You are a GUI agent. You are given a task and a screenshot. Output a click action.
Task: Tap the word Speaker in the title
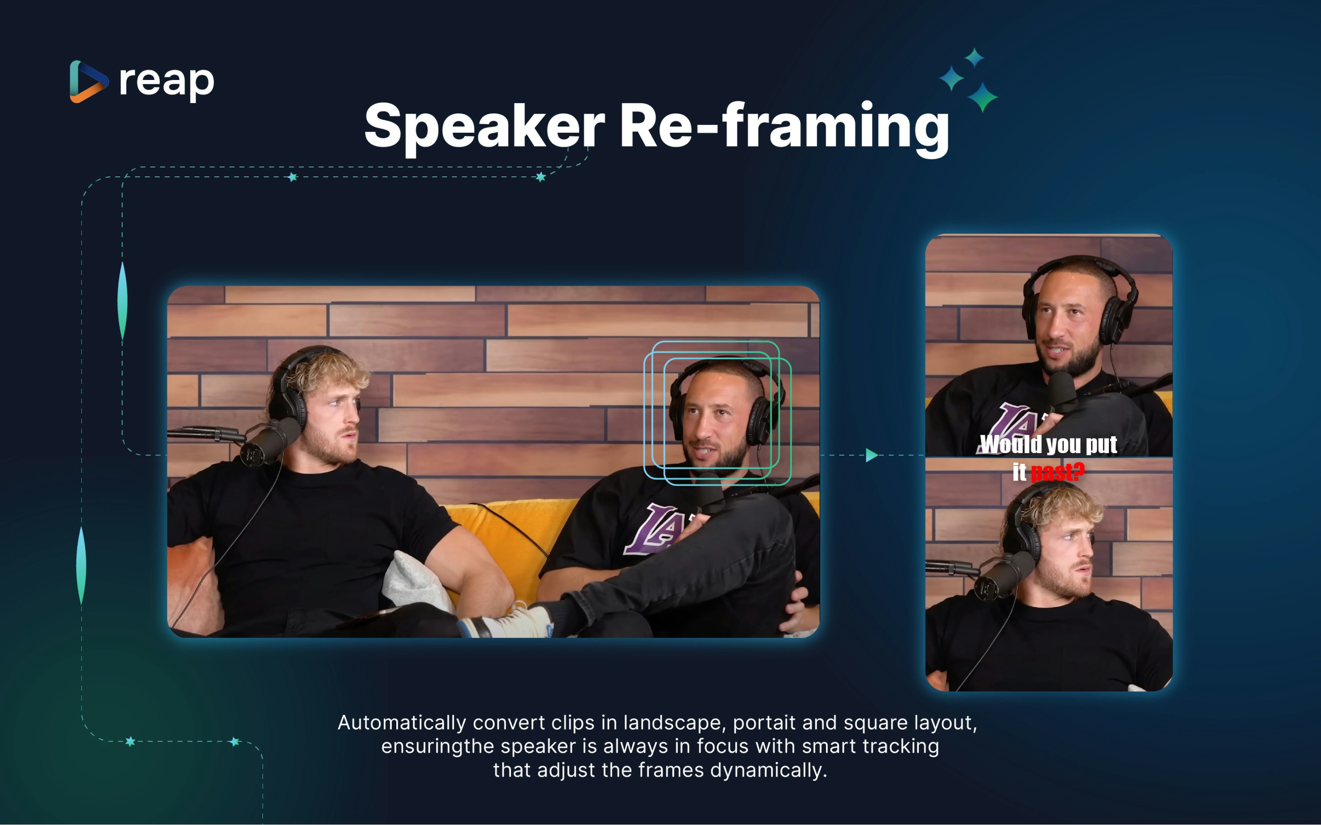pyautogui.click(x=484, y=127)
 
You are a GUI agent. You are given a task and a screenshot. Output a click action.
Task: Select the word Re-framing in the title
pyautogui.click(x=784, y=127)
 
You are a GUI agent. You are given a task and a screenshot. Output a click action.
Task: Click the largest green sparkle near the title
pyautogui.click(x=983, y=97)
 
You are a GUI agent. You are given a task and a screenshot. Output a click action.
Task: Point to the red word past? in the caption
pyautogui.click(x=1057, y=472)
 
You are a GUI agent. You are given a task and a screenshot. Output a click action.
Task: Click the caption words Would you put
pyautogui.click(x=1048, y=444)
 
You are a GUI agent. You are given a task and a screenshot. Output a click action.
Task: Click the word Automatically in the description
pyautogui.click(x=402, y=723)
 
